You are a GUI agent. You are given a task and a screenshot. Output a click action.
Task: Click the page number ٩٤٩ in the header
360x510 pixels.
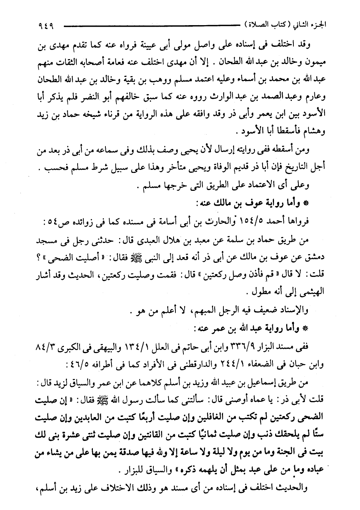click(46, 27)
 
